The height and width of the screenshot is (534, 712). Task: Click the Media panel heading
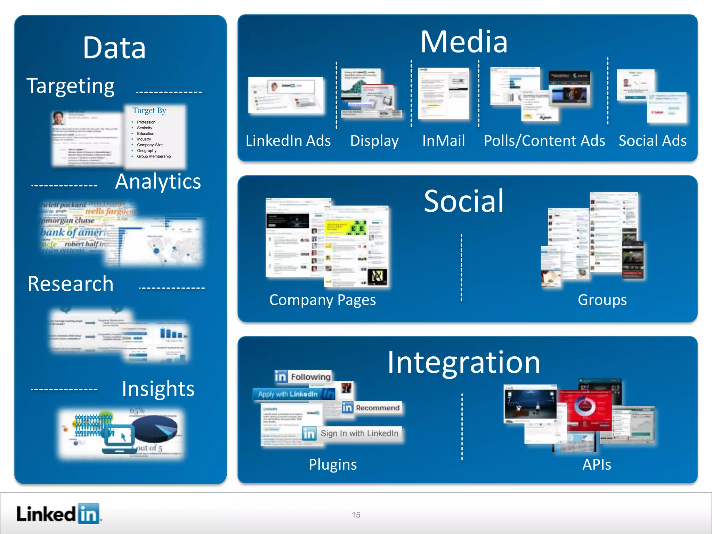(x=464, y=42)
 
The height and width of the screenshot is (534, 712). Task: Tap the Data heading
(x=114, y=48)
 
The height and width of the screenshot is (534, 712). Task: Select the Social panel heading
(x=464, y=201)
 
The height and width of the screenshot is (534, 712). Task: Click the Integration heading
(x=464, y=363)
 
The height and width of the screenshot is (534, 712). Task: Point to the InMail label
(x=443, y=141)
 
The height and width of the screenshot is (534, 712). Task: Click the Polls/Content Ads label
(x=544, y=141)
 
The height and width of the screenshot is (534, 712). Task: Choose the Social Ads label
(x=652, y=141)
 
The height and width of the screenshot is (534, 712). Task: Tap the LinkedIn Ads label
(x=288, y=141)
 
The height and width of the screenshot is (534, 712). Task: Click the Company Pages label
(x=322, y=300)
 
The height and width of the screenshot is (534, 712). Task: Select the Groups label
(x=602, y=300)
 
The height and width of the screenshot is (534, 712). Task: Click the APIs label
(x=597, y=464)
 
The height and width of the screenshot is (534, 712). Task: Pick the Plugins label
(x=333, y=464)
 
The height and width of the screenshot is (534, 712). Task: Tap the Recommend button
(x=371, y=408)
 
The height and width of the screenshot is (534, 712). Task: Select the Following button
(x=303, y=377)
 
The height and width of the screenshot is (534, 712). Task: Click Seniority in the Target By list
(x=144, y=128)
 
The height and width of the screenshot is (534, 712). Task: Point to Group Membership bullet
(x=154, y=156)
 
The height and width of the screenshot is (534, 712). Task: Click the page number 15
(x=356, y=515)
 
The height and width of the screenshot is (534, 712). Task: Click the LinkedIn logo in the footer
(x=58, y=514)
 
